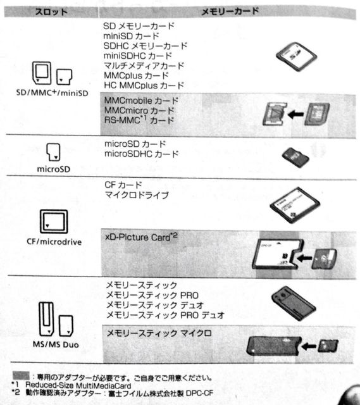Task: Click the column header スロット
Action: tap(51, 12)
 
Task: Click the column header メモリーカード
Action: tap(230, 11)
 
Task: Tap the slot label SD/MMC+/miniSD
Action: tap(52, 92)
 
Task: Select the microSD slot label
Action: tap(54, 169)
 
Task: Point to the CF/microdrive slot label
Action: tap(54, 242)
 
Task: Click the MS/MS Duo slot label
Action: tap(56, 344)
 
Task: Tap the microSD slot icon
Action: tap(53, 152)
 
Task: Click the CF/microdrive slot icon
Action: tap(54, 221)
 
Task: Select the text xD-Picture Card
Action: tap(137, 237)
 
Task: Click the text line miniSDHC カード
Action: tap(138, 56)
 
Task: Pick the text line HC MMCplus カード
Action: tap(144, 85)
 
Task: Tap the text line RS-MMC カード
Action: tap(139, 120)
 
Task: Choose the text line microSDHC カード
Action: tap(142, 154)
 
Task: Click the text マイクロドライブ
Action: tap(137, 195)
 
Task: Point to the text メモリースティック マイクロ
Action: tap(159, 333)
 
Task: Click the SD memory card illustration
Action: tap(297, 56)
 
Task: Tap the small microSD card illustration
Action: tap(295, 158)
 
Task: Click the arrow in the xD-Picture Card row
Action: tap(304, 258)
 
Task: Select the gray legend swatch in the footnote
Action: tap(21, 375)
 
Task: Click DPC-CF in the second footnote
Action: tap(200, 393)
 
